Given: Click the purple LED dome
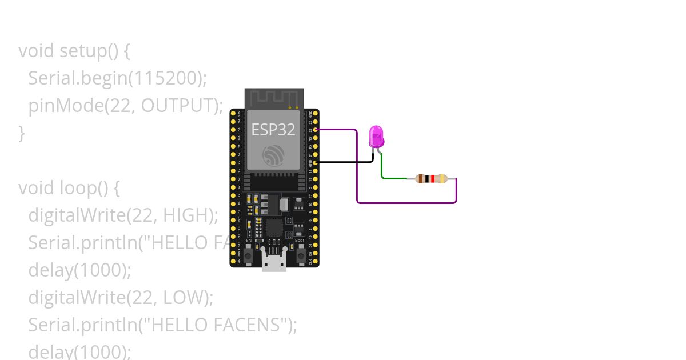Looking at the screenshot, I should (x=377, y=136).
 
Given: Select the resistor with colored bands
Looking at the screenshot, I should (x=431, y=179).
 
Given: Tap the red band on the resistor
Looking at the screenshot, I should (x=433, y=179).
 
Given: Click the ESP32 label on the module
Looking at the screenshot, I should (x=273, y=130).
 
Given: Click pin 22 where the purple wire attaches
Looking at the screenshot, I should (x=315, y=130).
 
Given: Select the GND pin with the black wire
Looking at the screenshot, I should (x=315, y=162).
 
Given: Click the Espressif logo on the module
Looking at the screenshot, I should (x=274, y=156).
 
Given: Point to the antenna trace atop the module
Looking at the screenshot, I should (x=274, y=98).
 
